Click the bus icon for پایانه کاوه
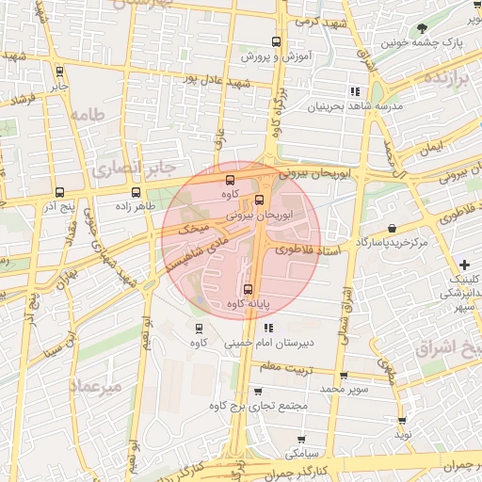click(249, 289)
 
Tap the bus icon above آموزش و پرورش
click(276, 42)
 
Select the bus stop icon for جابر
click(60, 71)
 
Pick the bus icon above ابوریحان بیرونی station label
click(261, 200)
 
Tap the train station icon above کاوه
click(199, 329)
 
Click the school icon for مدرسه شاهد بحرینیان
click(355, 91)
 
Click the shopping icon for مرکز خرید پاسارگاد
click(391, 228)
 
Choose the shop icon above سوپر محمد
click(344, 375)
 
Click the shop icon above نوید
click(403, 421)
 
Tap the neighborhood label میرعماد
click(95, 386)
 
